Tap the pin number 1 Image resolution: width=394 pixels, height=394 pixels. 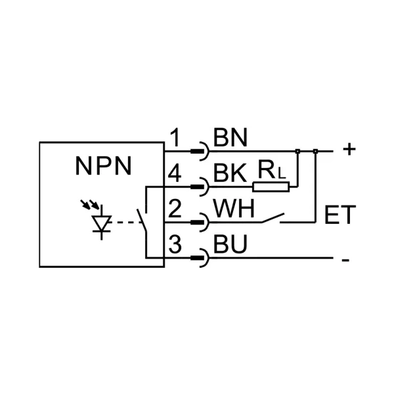pos(175,139)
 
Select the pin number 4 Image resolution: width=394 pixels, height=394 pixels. pos(175,175)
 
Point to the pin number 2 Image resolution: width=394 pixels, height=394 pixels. pos(175,210)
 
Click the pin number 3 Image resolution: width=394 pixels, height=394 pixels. pos(175,246)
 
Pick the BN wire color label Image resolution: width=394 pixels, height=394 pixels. pos(230,138)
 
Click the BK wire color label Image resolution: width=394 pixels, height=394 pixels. pos(230,174)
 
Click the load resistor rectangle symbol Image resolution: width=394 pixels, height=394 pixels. pos(271,187)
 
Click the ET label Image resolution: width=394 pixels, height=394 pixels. pos(340,215)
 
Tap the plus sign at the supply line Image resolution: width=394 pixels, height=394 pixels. pos(349,150)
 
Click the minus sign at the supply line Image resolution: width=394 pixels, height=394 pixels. pos(345,260)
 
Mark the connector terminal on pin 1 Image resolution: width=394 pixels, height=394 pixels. pos(198,152)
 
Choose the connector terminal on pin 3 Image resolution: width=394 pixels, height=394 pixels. pos(198,259)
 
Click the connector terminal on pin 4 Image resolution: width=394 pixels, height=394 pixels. pos(198,187)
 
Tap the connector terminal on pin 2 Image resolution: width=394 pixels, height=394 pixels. pos(198,223)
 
